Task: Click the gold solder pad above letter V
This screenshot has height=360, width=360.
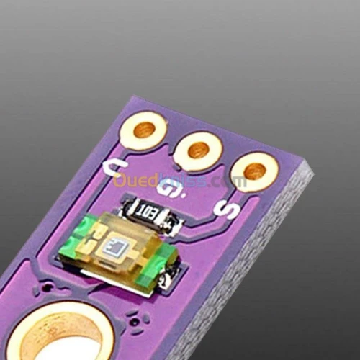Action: tap(144, 130)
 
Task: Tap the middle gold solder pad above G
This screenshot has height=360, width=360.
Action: tap(198, 150)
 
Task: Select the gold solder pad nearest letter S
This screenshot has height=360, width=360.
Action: tap(253, 171)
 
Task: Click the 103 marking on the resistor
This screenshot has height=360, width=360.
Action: tap(149, 212)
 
